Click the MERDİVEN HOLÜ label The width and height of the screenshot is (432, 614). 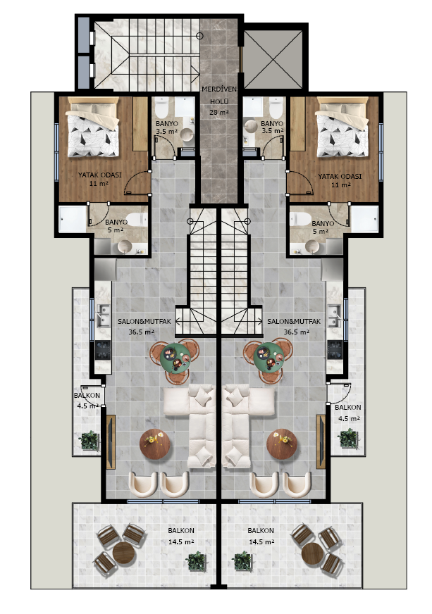[x=219, y=95]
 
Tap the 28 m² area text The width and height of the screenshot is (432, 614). [x=219, y=113]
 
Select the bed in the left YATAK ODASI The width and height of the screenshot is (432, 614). [x=93, y=127]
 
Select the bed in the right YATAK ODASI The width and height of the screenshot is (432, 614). [x=342, y=127]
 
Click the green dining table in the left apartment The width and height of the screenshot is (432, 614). [x=175, y=358]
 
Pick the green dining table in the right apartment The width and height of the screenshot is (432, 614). [x=269, y=358]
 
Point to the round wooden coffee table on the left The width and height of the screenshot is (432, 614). [x=155, y=444]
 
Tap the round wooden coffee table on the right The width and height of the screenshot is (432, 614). [x=281, y=444]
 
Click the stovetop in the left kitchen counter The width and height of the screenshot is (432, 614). [x=103, y=350]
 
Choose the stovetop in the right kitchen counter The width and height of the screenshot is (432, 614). [x=335, y=350]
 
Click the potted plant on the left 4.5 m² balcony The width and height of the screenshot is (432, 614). [x=90, y=441]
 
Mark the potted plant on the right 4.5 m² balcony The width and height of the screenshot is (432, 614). [x=348, y=439]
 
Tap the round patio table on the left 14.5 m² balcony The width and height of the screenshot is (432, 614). [x=124, y=553]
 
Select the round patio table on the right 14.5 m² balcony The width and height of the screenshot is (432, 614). [x=312, y=553]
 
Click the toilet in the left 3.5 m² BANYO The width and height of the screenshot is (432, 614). [x=161, y=107]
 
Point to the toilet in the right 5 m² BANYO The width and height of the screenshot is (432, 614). [x=300, y=219]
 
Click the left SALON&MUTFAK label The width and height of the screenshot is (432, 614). [x=144, y=322]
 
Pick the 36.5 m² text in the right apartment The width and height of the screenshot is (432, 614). [x=297, y=332]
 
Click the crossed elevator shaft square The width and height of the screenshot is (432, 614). [x=273, y=58]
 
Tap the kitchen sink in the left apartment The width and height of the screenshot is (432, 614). [x=103, y=316]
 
